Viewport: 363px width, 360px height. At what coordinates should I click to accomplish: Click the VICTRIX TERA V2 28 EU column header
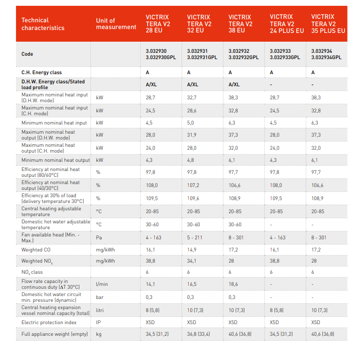coord(158,24)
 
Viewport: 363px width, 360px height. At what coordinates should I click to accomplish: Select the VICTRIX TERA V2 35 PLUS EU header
coord(328,24)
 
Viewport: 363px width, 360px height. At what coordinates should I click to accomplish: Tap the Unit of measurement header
coord(116,24)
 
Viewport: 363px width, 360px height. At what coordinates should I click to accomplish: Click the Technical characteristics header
coord(43,24)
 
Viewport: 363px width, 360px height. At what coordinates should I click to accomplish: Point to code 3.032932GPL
coord(243,57)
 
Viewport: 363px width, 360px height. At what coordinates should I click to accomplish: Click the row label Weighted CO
coord(36,250)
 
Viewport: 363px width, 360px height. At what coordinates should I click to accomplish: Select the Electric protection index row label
coord(49,322)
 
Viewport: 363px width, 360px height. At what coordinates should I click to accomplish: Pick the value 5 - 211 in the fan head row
coord(195,237)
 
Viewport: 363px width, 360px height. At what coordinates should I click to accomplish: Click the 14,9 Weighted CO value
coord(192,250)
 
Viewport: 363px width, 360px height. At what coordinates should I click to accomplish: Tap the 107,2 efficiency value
coord(193,185)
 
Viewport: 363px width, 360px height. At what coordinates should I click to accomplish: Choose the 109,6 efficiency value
coord(193,198)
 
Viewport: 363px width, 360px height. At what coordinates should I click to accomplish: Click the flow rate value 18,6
coord(233,284)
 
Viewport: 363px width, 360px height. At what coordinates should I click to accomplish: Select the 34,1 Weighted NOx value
coord(192,261)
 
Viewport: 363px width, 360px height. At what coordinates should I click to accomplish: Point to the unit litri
coord(100,310)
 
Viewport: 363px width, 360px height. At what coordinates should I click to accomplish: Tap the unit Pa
coord(99,237)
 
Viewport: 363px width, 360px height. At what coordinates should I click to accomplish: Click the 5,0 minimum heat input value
coord(190,123)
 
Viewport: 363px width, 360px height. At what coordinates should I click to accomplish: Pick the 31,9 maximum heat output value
coord(192,135)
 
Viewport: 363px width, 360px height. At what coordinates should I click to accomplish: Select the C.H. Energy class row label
coord(42,72)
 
